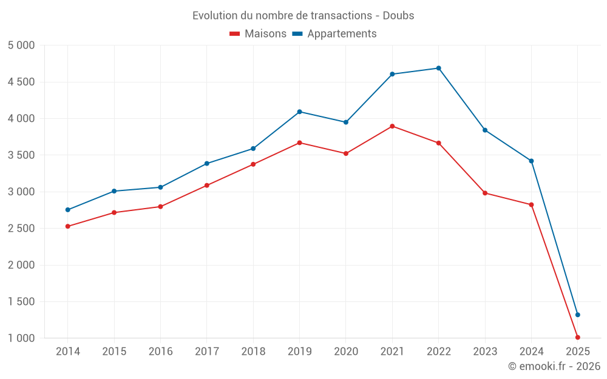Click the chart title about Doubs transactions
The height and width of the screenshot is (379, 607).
point(303,15)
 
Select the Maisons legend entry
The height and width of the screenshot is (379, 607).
point(258,34)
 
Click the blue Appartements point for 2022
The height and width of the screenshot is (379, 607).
point(438,68)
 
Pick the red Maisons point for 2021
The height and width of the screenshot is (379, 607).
point(392,126)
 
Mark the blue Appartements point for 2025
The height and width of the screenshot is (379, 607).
point(577,315)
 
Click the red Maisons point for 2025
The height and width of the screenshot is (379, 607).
point(577,337)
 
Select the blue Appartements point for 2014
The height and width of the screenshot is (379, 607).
point(67,210)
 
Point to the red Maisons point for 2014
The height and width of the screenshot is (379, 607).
point(67,226)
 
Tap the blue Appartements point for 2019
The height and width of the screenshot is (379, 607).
point(299,112)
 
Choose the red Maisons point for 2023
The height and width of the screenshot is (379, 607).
point(485,193)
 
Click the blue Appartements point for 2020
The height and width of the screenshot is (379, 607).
point(346,122)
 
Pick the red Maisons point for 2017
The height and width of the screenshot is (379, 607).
point(206,185)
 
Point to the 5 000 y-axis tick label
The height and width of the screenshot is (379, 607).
point(21,45)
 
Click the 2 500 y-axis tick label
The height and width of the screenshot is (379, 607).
point(21,229)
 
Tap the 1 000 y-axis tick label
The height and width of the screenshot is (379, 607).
point(21,338)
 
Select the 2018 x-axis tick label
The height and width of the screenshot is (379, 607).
point(253,351)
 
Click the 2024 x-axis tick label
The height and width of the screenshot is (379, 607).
point(531,351)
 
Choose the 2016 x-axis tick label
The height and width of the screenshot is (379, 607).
point(160,351)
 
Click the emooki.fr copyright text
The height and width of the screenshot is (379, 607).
point(554,366)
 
